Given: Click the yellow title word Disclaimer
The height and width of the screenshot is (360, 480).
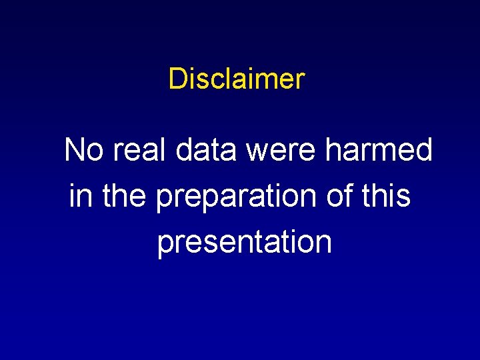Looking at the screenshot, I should tap(237, 79).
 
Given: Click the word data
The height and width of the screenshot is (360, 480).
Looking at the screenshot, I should tap(206, 150).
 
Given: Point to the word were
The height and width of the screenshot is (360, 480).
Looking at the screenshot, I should tap(283, 151).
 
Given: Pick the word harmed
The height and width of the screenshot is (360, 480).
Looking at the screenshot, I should tap(379, 150).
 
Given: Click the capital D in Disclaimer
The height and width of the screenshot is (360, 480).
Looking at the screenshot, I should tap(177, 79).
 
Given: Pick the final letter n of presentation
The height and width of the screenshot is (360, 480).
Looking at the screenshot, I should tap(324, 243).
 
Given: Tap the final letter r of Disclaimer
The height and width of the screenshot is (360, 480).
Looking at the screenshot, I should tap(301, 80).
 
